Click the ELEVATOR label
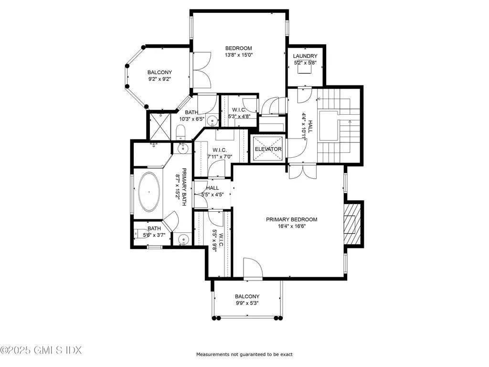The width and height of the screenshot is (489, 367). coord(268,149)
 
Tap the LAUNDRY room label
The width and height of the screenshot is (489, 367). coord(305,56)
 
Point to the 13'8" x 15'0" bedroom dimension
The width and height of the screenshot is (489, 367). coord(238,55)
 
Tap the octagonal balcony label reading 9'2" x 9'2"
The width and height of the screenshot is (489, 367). coord(159,79)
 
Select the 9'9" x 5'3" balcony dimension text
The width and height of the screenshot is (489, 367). coord(247,303)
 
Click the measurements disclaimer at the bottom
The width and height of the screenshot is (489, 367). coord(244,355)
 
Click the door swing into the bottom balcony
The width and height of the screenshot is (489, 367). coord(253,268)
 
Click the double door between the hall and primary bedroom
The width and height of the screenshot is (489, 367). coord(302,171)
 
